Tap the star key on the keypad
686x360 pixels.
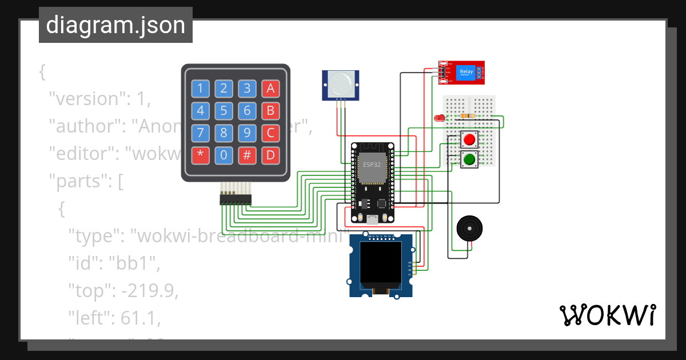201,155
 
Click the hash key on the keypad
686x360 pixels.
247,155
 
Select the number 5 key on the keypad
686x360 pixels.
224,110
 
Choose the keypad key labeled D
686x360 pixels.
270,155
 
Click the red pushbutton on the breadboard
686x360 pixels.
470,139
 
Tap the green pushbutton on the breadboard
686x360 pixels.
470,159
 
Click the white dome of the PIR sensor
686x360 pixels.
341,83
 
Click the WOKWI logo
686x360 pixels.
607,315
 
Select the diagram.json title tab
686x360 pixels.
115,25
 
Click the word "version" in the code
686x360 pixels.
86,99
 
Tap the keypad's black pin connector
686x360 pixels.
236,199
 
